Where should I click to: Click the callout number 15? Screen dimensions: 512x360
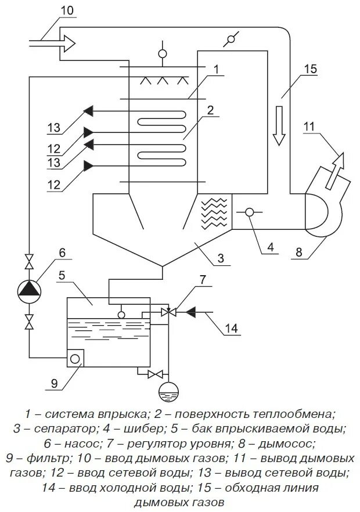(309, 68)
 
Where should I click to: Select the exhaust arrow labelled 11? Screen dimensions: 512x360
(335, 168)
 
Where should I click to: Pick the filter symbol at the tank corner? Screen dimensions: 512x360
(75, 358)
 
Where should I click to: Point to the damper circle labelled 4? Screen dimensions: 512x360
(250, 212)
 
